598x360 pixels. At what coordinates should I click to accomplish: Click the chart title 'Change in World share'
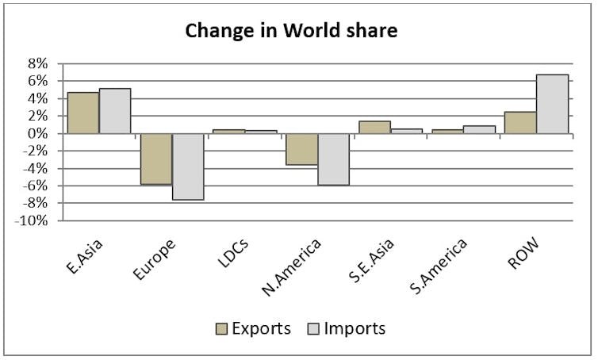tap(291, 30)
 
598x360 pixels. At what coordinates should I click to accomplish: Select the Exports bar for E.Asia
tap(83, 113)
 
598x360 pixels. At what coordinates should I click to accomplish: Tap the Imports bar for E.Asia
tap(115, 111)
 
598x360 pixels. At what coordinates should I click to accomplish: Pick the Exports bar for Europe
tap(156, 159)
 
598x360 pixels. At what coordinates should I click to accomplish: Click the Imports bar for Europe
tap(188, 167)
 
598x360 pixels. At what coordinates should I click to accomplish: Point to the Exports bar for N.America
tap(302, 149)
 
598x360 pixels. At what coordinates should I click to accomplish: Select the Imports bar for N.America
tap(334, 159)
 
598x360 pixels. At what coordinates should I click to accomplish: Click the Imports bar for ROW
tap(552, 104)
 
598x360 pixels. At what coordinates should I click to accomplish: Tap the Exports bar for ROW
tap(520, 123)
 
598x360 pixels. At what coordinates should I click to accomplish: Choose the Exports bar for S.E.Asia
tap(375, 128)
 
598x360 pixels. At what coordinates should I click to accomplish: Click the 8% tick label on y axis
tap(37, 63)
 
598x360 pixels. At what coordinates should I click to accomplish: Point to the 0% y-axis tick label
tap(37, 133)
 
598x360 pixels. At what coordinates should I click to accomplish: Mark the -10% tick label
tap(32, 220)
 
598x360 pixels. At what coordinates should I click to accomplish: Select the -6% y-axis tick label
tap(34, 186)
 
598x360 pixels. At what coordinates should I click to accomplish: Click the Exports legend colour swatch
tap(221, 329)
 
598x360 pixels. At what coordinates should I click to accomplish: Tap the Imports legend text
tap(355, 328)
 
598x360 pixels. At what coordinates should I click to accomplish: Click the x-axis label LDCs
tap(233, 252)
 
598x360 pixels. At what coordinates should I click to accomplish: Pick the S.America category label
tap(439, 266)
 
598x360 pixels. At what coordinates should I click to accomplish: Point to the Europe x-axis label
tap(155, 259)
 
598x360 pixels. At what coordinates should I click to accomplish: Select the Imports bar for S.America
tap(479, 130)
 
